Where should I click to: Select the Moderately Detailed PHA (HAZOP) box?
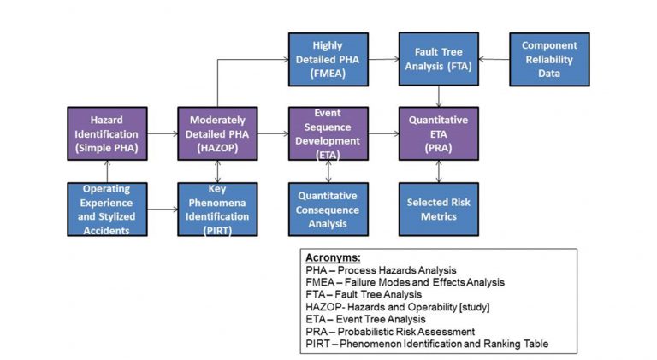[218, 133]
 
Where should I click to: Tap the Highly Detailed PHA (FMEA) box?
[328, 59]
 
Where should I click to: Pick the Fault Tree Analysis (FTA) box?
[439, 59]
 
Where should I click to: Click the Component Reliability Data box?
[549, 59]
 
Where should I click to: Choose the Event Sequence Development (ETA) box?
[328, 133]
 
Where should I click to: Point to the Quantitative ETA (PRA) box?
[439, 133]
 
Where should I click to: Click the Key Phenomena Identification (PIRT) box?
[218, 209]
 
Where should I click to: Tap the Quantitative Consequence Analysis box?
[328, 209]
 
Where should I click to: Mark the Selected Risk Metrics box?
[439, 209]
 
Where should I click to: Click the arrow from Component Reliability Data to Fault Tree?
[494, 59]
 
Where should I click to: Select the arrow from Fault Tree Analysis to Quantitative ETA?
[439, 96]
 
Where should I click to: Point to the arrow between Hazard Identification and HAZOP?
[163, 133]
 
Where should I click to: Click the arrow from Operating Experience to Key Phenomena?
[163, 209]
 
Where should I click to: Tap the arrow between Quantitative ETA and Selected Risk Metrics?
[439, 171]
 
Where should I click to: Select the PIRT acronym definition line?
[425, 344]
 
